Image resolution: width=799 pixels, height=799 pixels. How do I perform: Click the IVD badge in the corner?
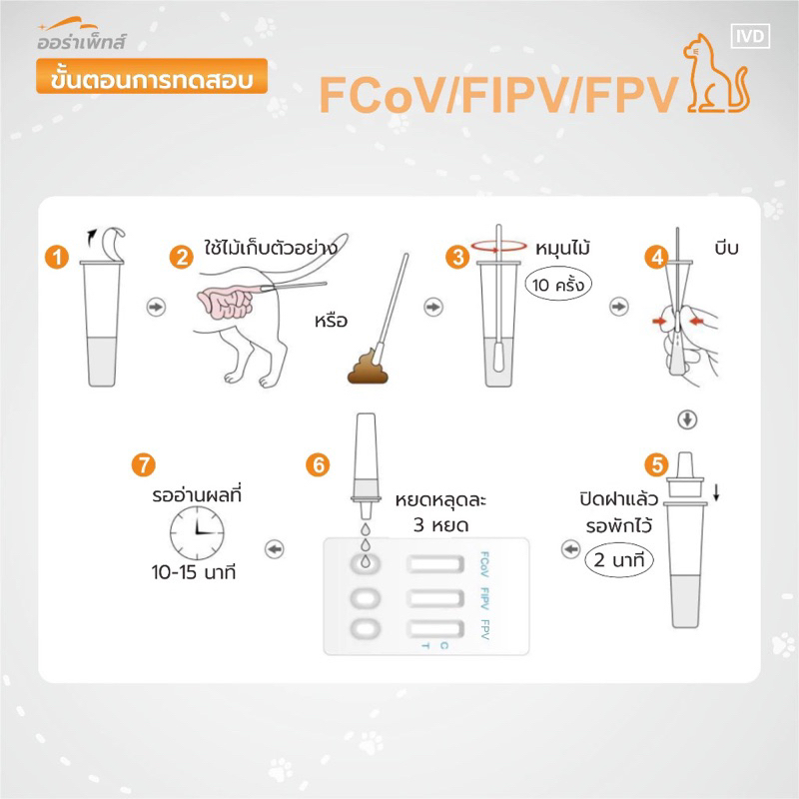(750, 36)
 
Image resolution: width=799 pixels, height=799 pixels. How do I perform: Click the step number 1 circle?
(57, 257)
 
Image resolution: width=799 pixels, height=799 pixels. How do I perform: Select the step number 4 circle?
(656, 257)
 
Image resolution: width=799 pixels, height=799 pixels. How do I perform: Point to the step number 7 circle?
(143, 464)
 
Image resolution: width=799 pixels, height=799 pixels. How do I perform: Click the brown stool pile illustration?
(368, 367)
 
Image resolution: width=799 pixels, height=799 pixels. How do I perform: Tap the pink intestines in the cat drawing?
(228, 302)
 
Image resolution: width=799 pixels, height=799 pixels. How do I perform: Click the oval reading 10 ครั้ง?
(558, 285)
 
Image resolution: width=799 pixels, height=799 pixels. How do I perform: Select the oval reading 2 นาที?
(618, 560)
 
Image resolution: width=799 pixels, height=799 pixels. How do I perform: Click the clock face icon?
(197, 533)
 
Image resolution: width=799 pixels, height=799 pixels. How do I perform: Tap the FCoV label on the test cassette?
(484, 564)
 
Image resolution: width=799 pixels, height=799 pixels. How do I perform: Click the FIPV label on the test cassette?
(484, 598)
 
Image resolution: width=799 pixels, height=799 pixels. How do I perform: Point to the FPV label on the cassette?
(484, 629)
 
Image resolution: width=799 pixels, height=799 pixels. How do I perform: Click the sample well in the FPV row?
(366, 628)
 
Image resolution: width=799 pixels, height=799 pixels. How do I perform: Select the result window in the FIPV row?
(435, 598)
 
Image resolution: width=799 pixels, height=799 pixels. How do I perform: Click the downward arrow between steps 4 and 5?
(687, 419)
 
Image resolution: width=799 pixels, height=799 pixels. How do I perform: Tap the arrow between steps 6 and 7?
(275, 549)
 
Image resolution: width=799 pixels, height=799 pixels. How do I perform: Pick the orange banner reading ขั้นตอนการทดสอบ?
(152, 77)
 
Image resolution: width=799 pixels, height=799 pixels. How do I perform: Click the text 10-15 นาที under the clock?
(194, 572)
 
